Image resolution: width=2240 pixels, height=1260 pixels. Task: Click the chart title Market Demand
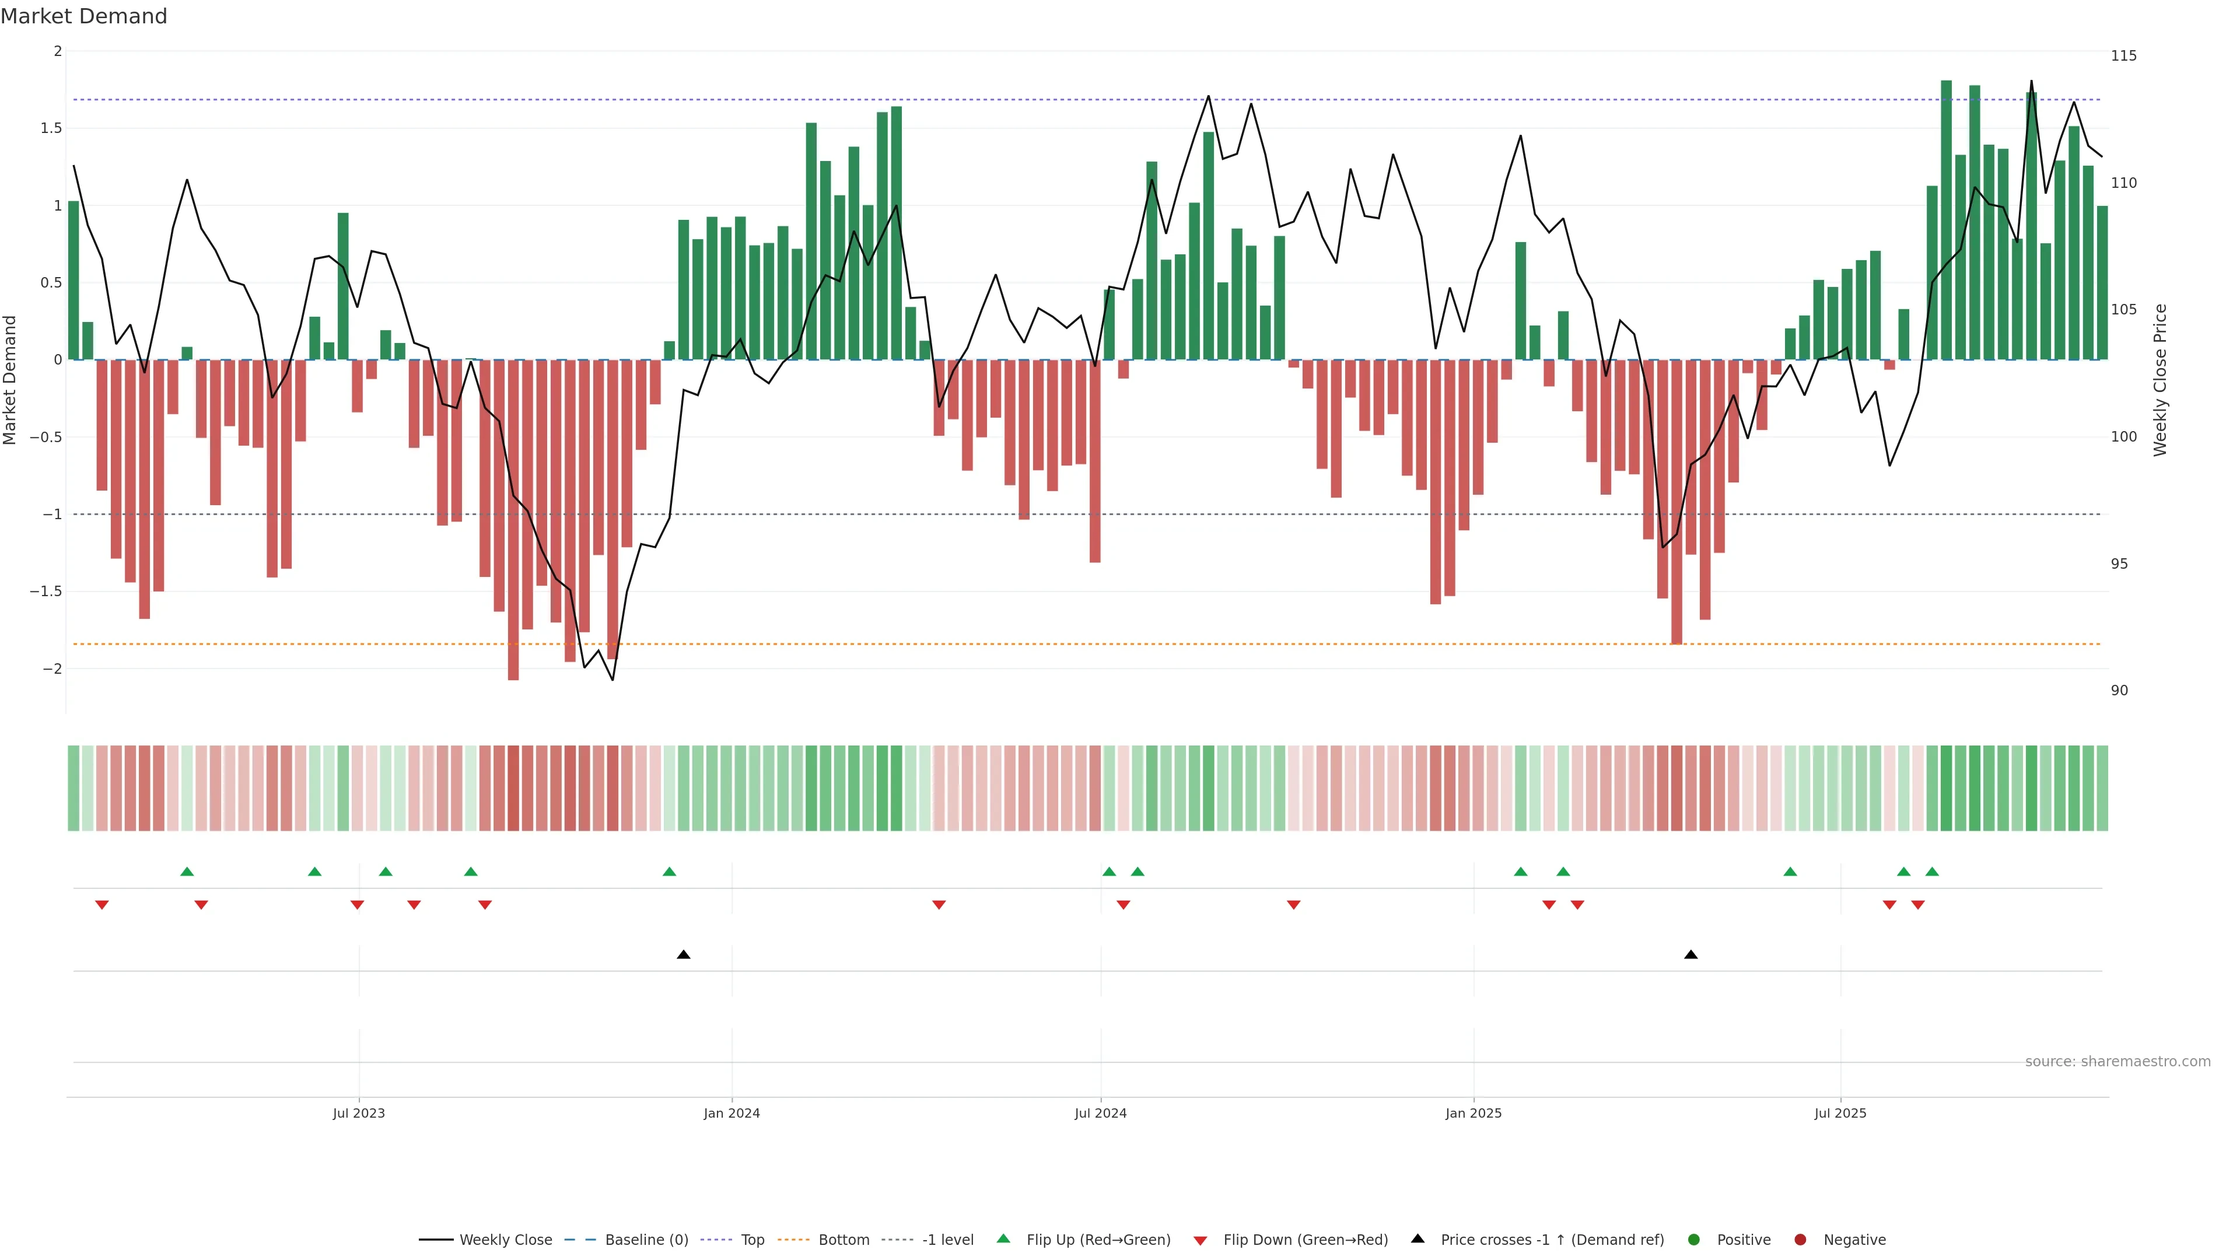click(83, 16)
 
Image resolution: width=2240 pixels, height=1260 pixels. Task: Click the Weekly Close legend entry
click(505, 1240)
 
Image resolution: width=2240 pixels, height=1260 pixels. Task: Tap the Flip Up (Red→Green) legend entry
click(1097, 1240)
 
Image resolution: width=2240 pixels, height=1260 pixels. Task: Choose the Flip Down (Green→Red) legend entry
click(1304, 1240)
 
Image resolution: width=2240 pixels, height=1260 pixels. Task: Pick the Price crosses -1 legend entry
click(1551, 1240)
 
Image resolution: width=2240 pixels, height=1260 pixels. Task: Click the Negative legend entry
click(1854, 1240)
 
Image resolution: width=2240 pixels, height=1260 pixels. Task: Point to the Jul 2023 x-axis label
click(358, 1113)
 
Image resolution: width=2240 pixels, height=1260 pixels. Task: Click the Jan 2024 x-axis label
click(731, 1113)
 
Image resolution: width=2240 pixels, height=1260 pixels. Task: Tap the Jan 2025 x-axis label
click(1473, 1113)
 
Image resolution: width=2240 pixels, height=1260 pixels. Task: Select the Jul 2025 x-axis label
click(1840, 1113)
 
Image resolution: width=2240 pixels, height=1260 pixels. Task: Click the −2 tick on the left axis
click(51, 668)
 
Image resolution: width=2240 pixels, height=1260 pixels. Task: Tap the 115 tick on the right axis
click(2123, 55)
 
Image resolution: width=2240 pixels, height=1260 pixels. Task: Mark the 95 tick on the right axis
click(2119, 563)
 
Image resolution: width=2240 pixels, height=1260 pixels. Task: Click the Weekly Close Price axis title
click(2160, 380)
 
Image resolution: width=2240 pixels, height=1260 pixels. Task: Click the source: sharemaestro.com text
click(2117, 1062)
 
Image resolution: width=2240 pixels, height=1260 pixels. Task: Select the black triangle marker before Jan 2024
click(684, 955)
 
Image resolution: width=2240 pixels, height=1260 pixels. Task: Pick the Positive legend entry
click(1742, 1240)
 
